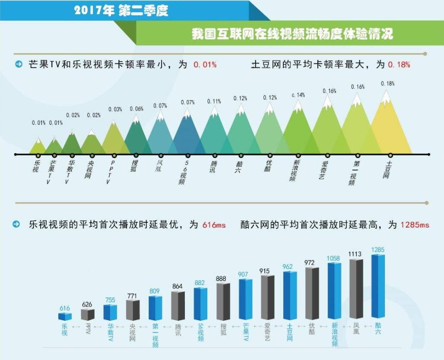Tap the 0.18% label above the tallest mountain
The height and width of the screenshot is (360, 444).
tap(388, 83)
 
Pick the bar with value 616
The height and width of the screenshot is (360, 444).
tap(65, 316)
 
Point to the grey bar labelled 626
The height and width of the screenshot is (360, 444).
tap(87, 315)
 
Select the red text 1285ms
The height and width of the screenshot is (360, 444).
tap(415, 225)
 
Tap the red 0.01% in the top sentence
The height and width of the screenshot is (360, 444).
tap(205, 65)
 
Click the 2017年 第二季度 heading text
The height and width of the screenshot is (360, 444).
tap(121, 11)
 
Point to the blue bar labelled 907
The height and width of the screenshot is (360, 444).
tap(245, 299)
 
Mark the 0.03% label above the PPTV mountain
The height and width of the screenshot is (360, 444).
tap(115, 109)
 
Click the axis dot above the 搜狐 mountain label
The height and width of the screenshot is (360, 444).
tap(136, 155)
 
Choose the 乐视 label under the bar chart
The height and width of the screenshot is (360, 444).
tap(65, 329)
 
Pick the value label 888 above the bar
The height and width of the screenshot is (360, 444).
tap(221, 279)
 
